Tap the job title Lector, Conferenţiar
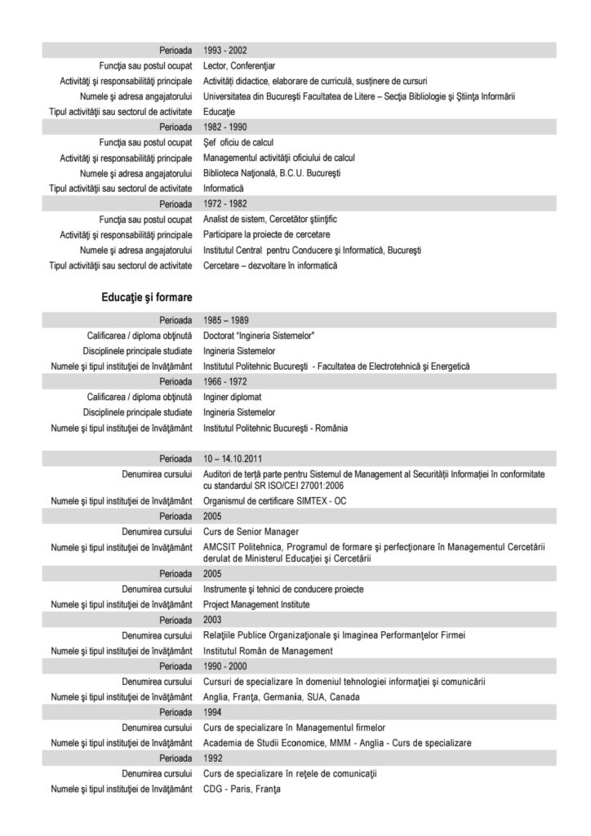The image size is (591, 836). (241, 65)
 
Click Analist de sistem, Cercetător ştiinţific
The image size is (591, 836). (270, 220)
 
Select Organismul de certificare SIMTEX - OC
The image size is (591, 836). (275, 501)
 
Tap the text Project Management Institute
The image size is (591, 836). (256, 605)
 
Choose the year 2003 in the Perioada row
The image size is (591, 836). (214, 620)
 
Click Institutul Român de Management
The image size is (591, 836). (268, 651)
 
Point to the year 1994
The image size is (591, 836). (214, 713)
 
